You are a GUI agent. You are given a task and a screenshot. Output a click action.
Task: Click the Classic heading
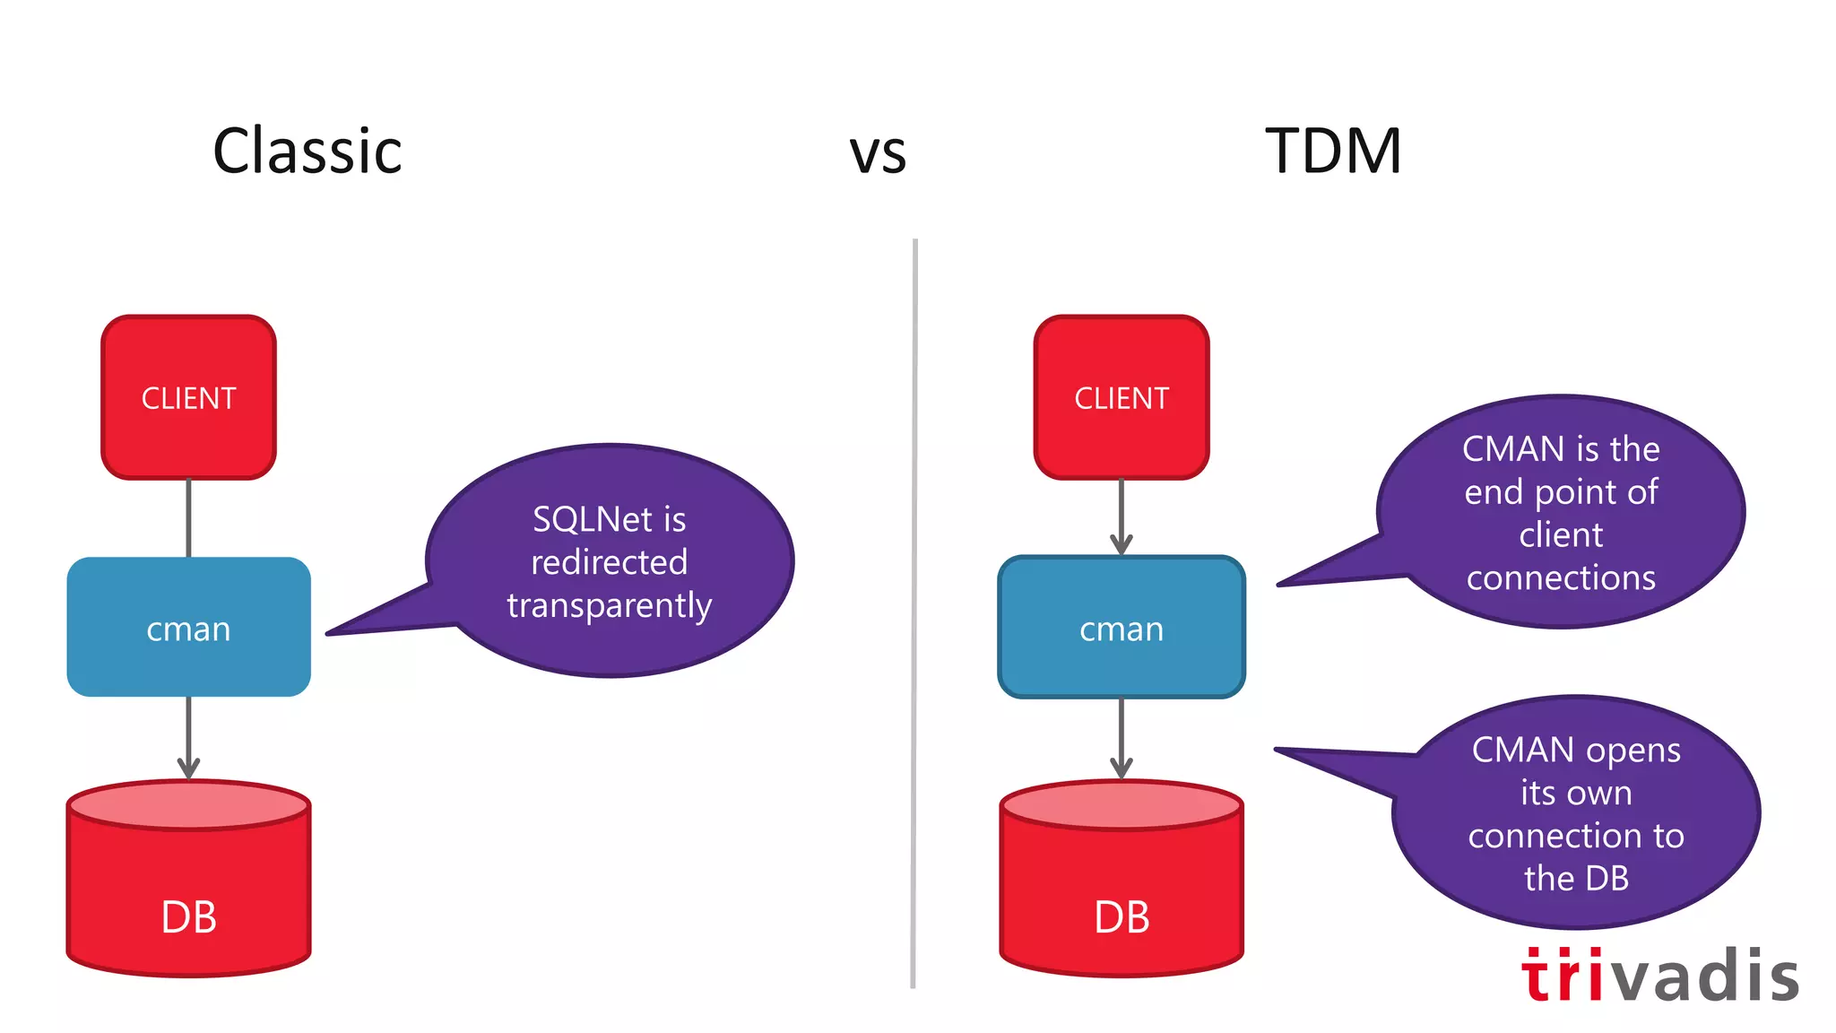(307, 152)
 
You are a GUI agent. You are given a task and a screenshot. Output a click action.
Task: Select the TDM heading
(1333, 152)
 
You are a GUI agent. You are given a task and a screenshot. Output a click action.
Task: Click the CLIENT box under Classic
(188, 397)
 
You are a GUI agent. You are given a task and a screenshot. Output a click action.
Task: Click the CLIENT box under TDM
(1122, 397)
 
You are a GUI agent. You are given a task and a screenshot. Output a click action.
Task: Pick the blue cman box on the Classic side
(188, 628)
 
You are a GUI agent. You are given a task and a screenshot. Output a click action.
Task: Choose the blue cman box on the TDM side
(1122, 628)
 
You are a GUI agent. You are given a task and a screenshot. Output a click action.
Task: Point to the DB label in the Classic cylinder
(188, 917)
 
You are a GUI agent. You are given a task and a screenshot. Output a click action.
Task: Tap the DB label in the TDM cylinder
(1122, 917)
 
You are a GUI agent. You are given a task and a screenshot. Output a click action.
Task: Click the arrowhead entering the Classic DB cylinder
(188, 768)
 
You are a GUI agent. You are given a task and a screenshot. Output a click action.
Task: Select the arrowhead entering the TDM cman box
(1122, 543)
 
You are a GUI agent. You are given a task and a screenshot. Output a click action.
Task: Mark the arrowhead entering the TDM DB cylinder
(1122, 768)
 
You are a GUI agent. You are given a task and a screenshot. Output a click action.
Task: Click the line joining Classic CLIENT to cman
(188, 517)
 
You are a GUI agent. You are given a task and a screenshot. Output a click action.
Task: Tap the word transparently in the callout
(610, 605)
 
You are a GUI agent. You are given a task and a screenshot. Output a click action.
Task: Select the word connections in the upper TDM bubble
(1561, 577)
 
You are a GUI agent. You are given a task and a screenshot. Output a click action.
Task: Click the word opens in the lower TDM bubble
(1643, 750)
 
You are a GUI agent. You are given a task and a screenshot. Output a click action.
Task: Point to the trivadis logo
(1659, 976)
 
